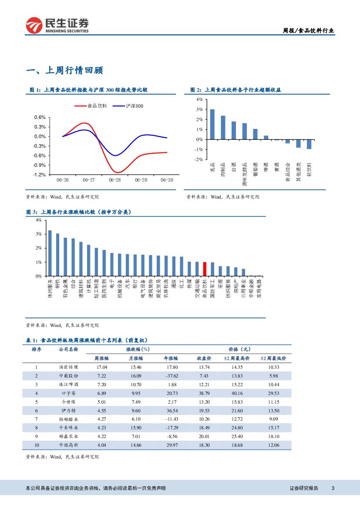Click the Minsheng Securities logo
pos(57,26)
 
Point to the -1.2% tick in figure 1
pos(40,175)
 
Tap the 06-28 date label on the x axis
pos(115,180)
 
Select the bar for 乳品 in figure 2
pos(212,124)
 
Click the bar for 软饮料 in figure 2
pos(309,144)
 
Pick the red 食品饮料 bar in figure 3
pos(205,269)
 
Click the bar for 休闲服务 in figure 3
pos(50,253)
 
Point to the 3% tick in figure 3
pos(39,234)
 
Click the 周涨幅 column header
pos(102,358)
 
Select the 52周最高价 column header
pos(237,358)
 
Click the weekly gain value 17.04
pos(102,367)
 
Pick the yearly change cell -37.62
pos(170,376)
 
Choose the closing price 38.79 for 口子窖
pos(204,393)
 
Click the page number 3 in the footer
pos(333,488)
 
